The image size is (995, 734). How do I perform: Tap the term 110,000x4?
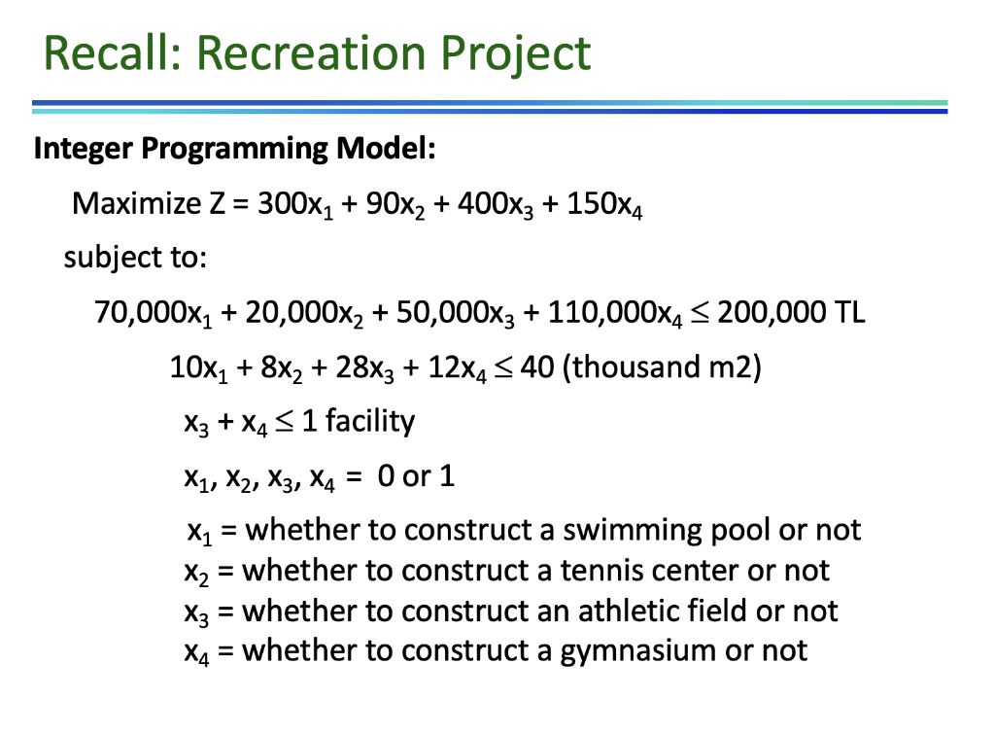pos(601,314)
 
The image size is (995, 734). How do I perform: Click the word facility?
pos(369,421)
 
